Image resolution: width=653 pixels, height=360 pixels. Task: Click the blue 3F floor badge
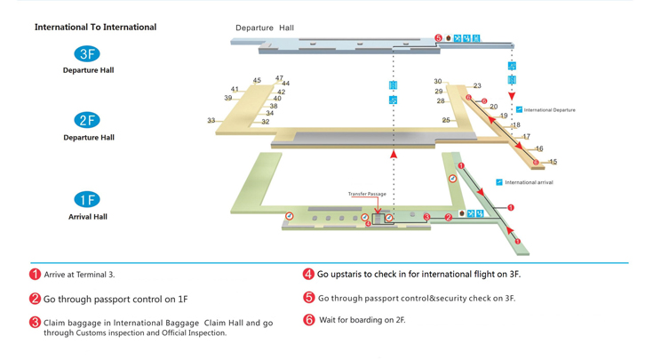tap(88, 54)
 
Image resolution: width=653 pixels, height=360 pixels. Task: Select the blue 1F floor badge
tap(87, 200)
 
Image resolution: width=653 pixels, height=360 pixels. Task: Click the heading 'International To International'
tap(95, 28)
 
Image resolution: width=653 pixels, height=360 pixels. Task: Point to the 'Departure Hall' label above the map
tap(265, 28)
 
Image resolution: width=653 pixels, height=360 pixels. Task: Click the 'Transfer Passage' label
tap(367, 194)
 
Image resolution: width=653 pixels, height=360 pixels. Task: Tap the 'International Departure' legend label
tap(549, 110)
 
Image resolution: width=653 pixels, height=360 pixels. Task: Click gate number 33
tap(211, 121)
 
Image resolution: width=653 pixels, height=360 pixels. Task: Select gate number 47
tap(280, 78)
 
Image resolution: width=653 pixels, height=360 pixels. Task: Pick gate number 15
tap(553, 162)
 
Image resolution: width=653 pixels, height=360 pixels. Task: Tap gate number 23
tap(477, 86)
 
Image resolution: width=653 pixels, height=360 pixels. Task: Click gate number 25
tap(446, 120)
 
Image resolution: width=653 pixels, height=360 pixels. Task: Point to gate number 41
tap(235, 89)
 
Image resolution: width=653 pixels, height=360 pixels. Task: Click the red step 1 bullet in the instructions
tap(36, 275)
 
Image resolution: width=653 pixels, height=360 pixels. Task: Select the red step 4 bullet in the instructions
tap(308, 275)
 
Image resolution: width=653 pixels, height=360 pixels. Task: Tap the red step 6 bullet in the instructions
tap(309, 320)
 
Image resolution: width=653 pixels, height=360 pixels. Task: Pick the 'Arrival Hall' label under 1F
tap(88, 217)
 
